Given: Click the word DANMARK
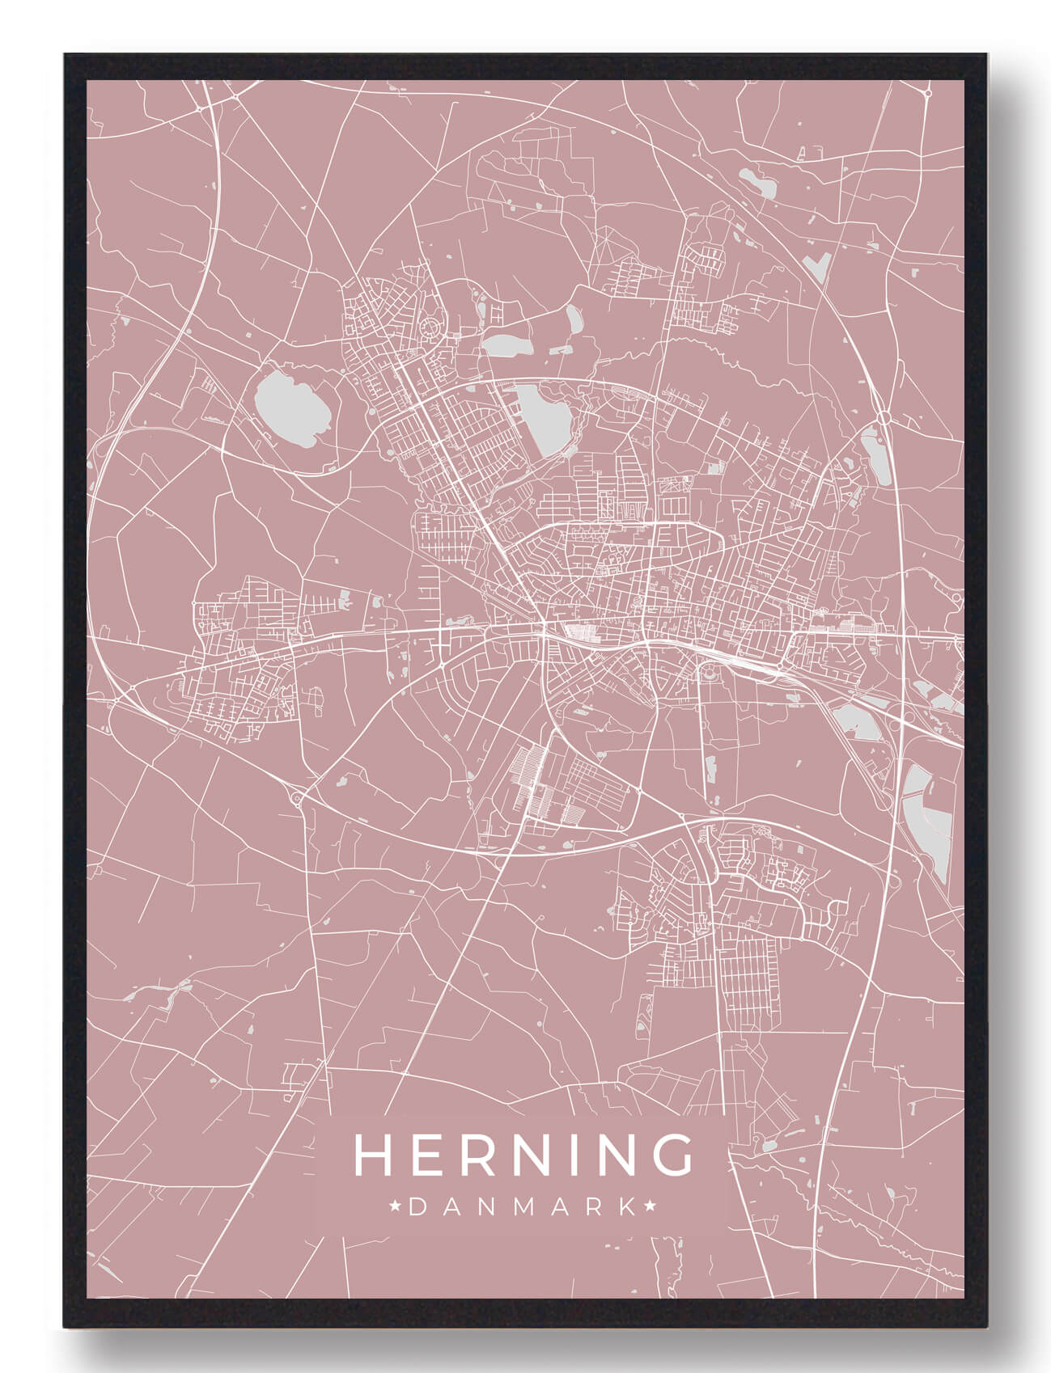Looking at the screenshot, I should [x=523, y=1207].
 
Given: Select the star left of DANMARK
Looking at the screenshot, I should [x=396, y=1207].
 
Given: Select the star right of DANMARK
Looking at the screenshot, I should [x=649, y=1207].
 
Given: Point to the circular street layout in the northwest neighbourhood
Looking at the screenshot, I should [x=430, y=327].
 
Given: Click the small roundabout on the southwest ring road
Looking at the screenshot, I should [x=297, y=801].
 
